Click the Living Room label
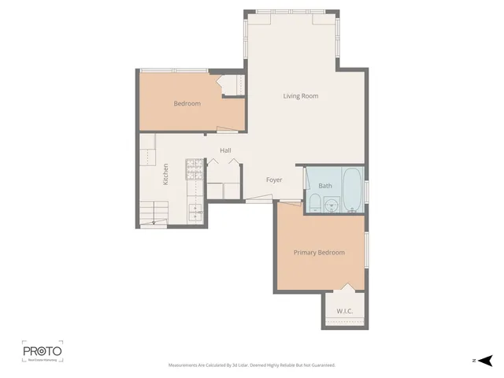click(300, 96)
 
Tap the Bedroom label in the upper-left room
click(187, 104)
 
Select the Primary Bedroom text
click(319, 253)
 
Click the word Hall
click(225, 150)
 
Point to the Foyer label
click(273, 180)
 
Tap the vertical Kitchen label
click(165, 173)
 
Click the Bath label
click(325, 187)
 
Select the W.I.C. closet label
click(344, 311)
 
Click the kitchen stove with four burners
click(194, 168)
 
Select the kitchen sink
click(194, 210)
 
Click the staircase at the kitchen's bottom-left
click(154, 213)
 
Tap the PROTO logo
click(42, 351)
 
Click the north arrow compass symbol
click(485, 360)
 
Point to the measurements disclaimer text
click(252, 365)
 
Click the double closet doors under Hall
click(222, 161)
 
